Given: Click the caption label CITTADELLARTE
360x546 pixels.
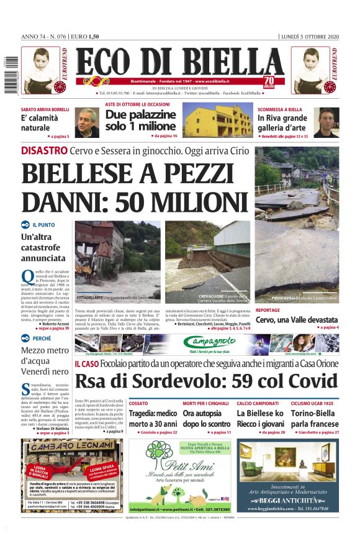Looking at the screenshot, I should [x=89, y=298].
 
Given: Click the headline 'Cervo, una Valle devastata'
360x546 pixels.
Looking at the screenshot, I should [x=297, y=319].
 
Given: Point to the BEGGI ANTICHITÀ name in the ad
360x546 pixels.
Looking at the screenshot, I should [x=287, y=500].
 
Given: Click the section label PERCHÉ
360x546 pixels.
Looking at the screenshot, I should [x=42, y=339].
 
